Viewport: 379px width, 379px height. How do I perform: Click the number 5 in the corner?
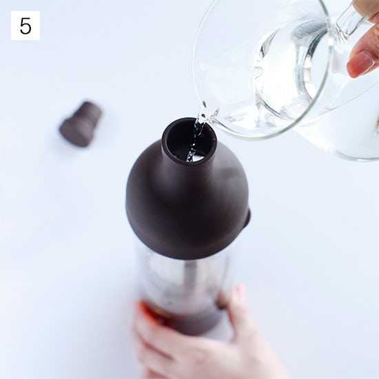point(25,25)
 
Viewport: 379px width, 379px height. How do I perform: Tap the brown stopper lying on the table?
point(81,124)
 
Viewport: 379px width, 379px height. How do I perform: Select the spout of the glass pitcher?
point(209,116)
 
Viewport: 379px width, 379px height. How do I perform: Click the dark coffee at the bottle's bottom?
point(179,317)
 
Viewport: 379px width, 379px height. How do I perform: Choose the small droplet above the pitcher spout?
point(205,105)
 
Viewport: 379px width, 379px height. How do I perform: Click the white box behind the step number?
point(25,25)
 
